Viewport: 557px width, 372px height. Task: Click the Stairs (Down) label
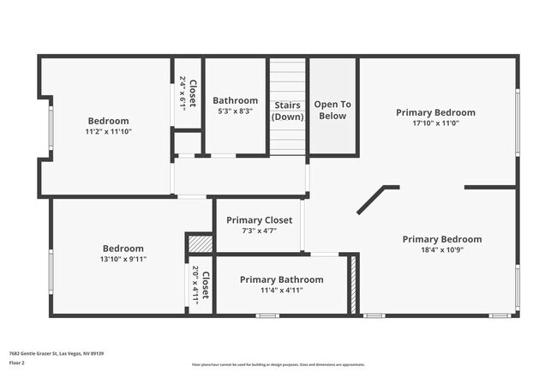click(287, 111)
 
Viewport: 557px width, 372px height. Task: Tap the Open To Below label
click(332, 110)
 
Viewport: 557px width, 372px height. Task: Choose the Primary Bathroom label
click(281, 279)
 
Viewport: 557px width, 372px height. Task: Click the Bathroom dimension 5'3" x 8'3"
click(235, 111)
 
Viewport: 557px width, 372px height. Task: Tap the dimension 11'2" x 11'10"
click(108, 131)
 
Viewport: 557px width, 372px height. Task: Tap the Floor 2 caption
click(18, 363)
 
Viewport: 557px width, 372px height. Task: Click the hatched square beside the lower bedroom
click(199, 244)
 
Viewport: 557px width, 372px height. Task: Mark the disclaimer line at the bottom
click(278, 365)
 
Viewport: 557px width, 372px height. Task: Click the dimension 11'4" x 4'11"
click(281, 291)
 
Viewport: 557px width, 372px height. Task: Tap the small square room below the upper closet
click(187, 142)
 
